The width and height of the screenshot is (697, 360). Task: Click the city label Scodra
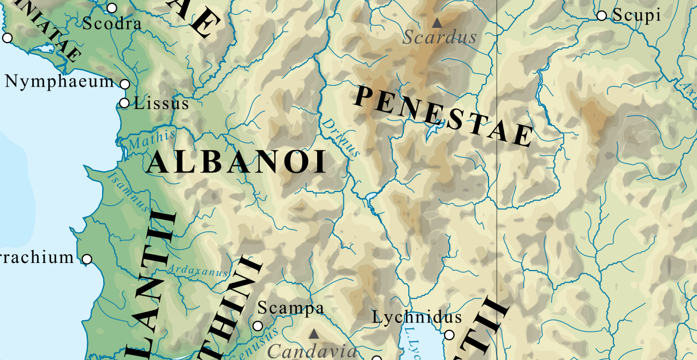point(112,24)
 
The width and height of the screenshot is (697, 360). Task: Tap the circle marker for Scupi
point(601,16)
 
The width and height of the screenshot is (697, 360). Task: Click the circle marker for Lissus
point(124,103)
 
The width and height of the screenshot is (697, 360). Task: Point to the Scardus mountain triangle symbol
point(437,23)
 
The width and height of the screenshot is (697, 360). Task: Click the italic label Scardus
point(439,38)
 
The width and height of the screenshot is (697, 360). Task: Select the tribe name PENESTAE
point(443,116)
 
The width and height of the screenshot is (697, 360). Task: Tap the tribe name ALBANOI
point(237,163)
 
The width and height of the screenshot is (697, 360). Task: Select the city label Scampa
point(290,308)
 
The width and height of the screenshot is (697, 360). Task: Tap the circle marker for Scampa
point(258,326)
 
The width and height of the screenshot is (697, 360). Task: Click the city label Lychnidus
point(417,317)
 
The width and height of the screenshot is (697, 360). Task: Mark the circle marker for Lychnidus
point(449,335)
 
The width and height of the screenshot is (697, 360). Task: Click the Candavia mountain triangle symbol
point(314,333)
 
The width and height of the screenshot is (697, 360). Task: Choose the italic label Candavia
point(312,351)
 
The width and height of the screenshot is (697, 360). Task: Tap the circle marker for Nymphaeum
point(124,84)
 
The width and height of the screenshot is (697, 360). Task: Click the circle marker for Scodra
point(112,8)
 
